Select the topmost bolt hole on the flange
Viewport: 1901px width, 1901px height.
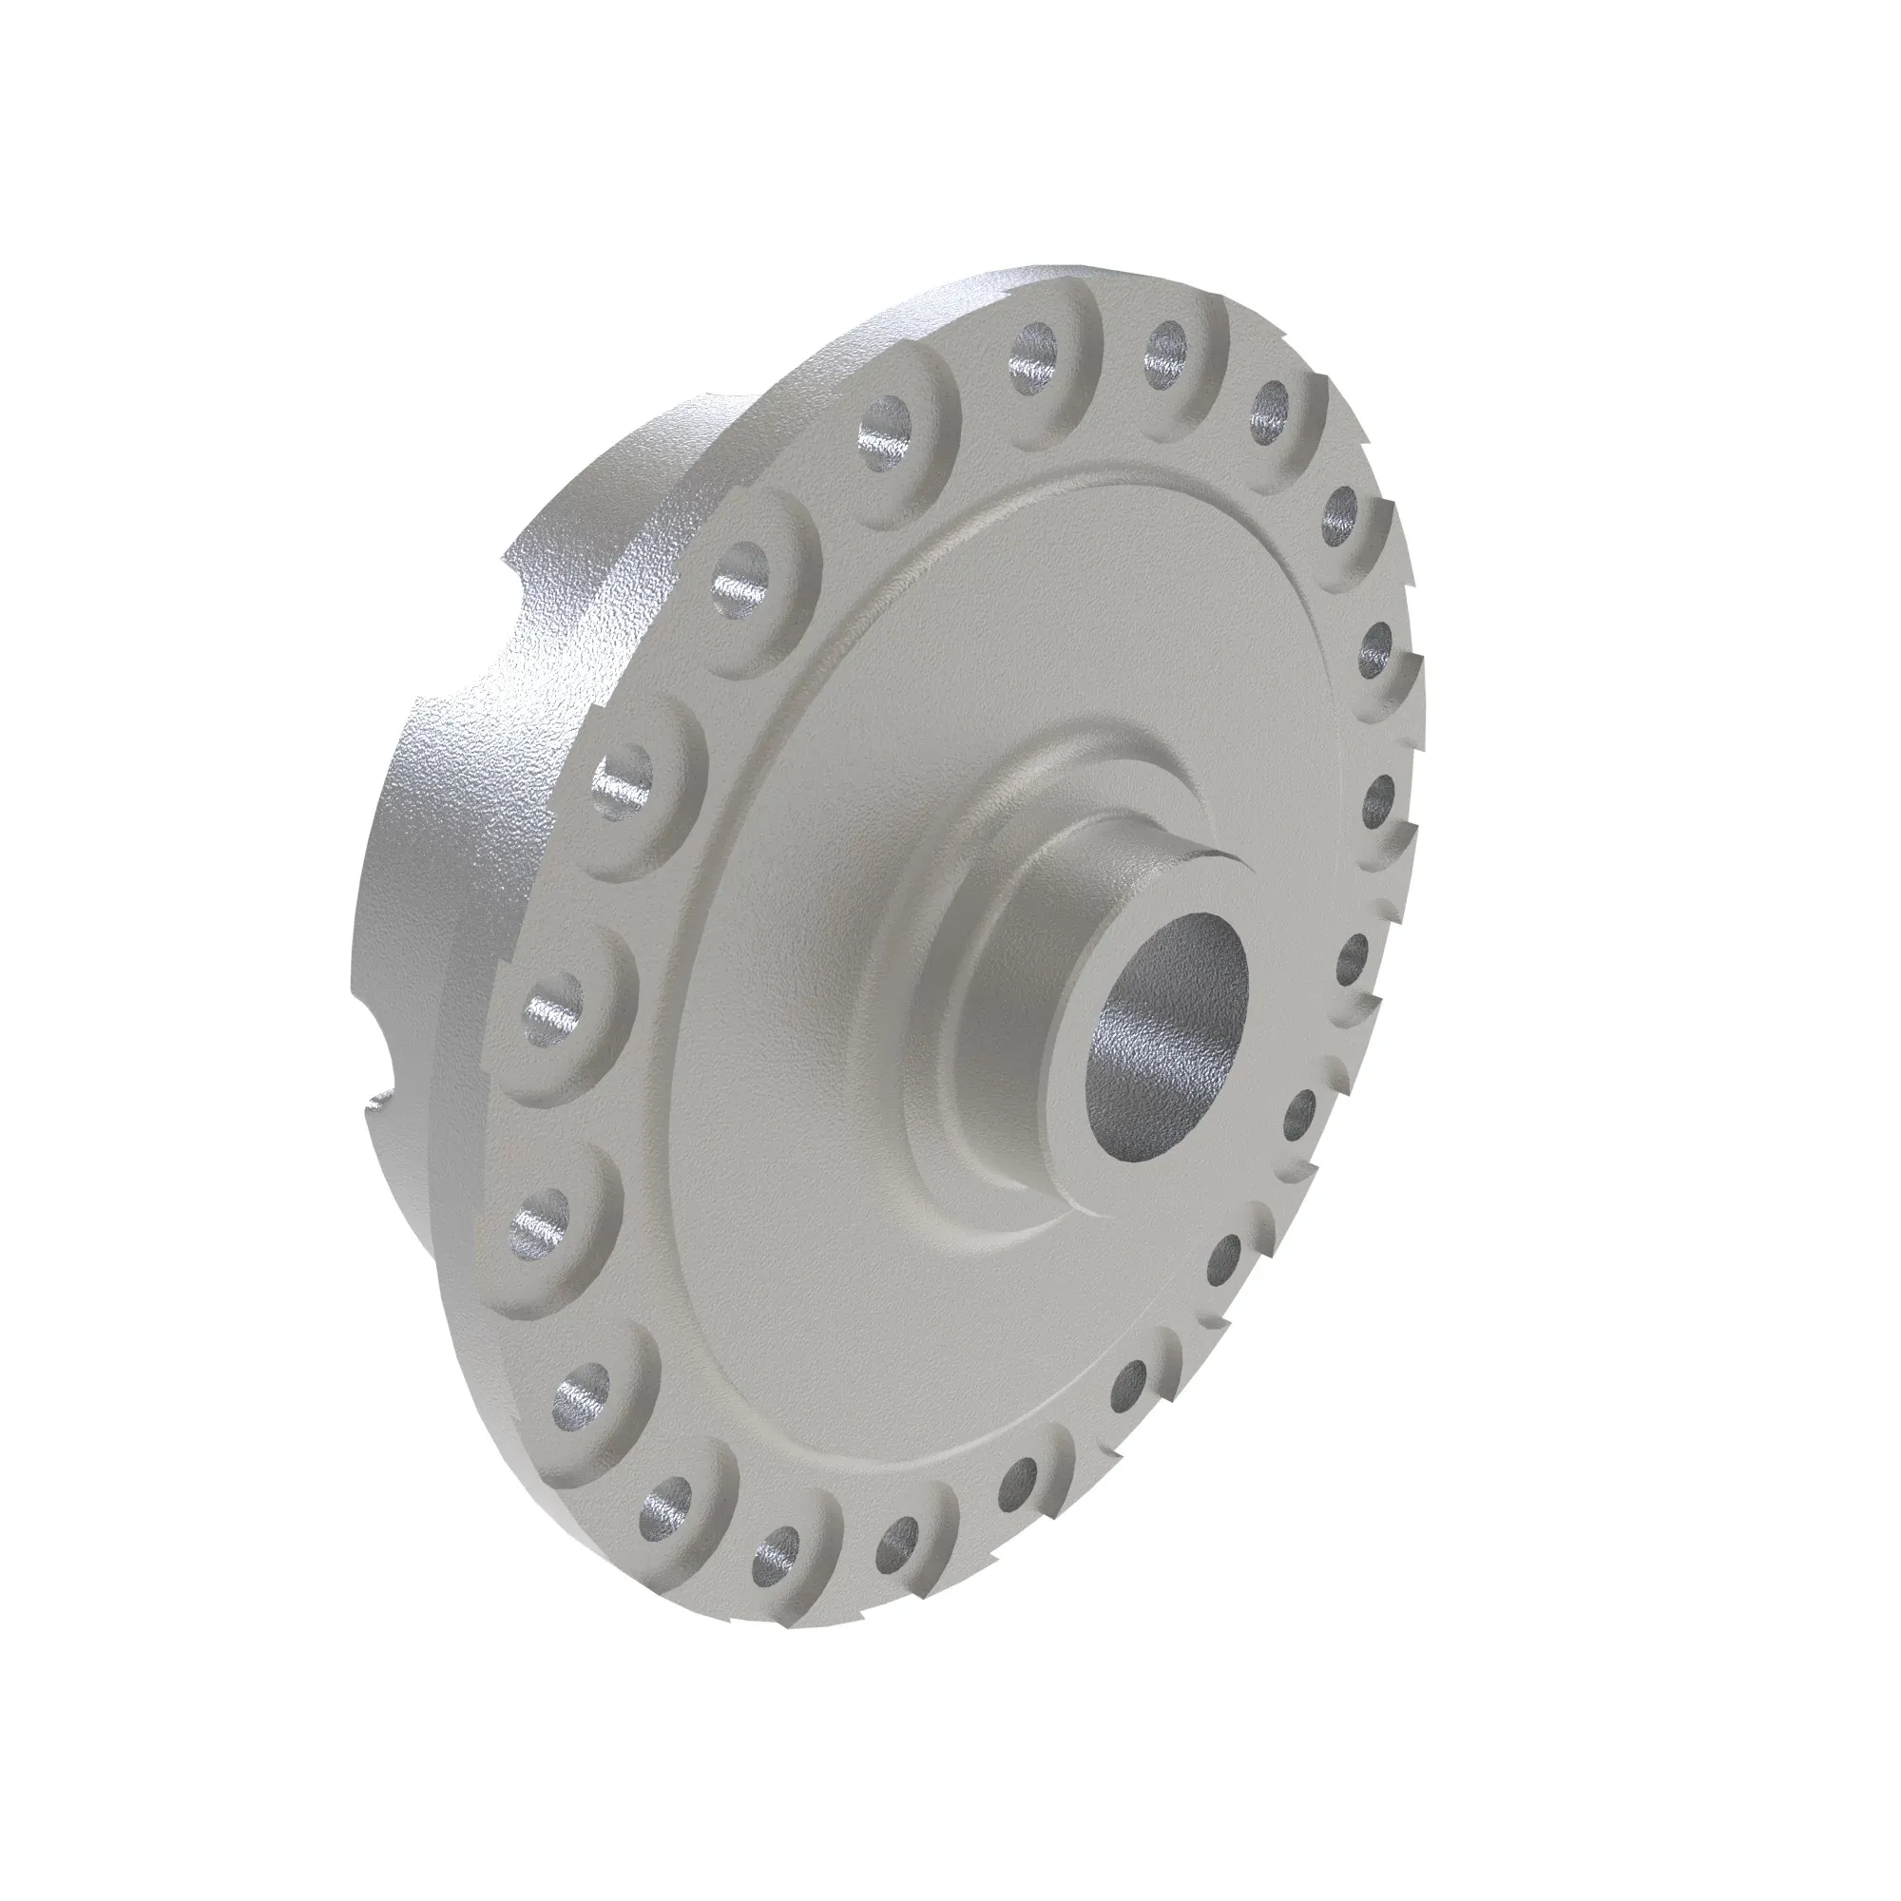[1167, 347]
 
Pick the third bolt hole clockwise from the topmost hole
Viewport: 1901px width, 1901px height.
[1377, 650]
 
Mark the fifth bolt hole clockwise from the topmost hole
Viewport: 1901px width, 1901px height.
[1356, 952]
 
